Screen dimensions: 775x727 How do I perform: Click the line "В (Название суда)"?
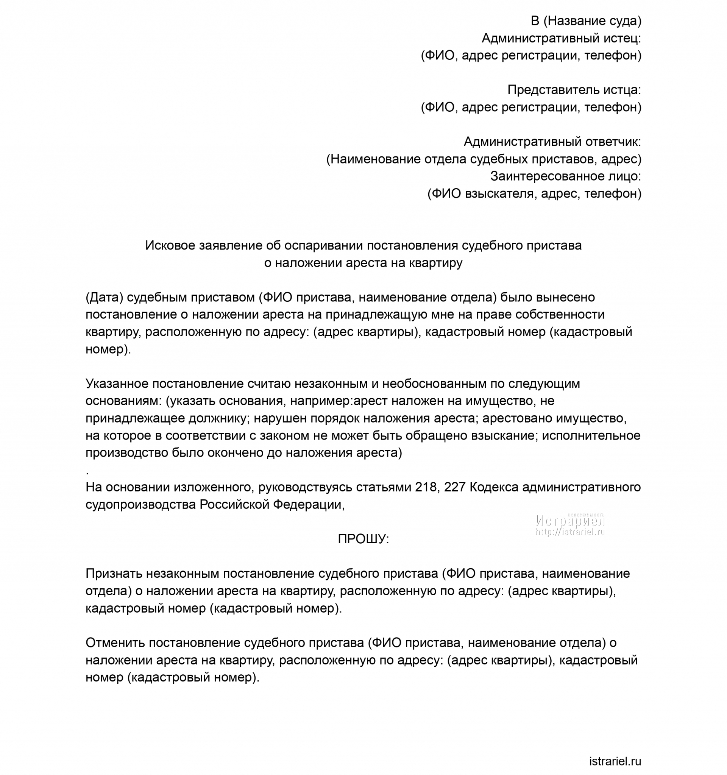585,21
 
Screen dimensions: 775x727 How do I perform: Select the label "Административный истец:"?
561,38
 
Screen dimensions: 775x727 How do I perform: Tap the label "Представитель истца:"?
574,90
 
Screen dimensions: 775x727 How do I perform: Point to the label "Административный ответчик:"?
552,142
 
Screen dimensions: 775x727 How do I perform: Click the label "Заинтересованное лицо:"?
565,176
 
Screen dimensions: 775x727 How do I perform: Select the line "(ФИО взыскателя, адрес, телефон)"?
534,193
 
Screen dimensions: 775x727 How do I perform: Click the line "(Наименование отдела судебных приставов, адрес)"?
484,159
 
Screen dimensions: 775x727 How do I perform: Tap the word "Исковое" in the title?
170,246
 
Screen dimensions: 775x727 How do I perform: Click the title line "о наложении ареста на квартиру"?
363,263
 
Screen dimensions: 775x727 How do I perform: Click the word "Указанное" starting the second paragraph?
117,384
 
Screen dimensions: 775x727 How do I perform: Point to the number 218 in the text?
425,487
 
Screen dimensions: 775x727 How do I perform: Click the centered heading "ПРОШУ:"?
363,539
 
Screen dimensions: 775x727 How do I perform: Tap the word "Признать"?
114,574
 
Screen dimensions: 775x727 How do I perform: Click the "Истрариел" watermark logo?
570,521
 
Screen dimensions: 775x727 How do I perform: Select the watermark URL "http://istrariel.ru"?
570,532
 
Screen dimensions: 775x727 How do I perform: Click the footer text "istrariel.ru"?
615,761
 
